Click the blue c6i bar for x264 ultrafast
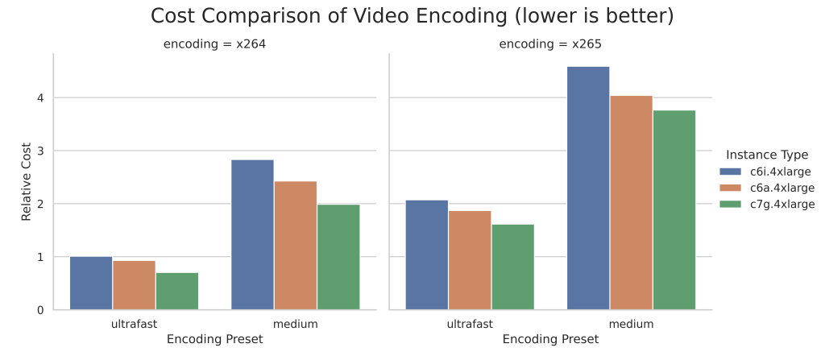(91, 283)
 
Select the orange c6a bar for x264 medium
(295, 246)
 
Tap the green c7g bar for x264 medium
(338, 257)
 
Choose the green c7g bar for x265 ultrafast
(512, 267)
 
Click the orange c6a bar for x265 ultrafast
(470, 260)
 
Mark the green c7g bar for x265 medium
(674, 209)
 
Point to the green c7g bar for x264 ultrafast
(176, 291)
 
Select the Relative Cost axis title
(26, 181)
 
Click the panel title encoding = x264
(214, 44)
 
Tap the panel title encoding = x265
(550, 44)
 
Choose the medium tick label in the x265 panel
(631, 324)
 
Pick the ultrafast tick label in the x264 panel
(134, 324)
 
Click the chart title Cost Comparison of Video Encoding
(412, 16)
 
